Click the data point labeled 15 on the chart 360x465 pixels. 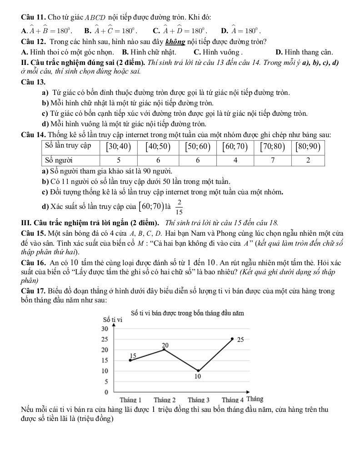(x=130, y=360)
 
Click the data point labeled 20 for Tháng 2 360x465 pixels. (x=164, y=349)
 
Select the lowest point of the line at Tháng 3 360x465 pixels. (x=198, y=371)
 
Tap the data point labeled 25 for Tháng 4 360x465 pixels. (x=232, y=339)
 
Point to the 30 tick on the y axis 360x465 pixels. (x=104, y=329)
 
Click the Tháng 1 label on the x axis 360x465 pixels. (x=130, y=400)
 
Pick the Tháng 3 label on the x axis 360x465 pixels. (x=199, y=400)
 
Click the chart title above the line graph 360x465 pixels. (x=187, y=313)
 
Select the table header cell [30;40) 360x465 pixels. (x=119, y=146)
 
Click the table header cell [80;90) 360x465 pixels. (x=308, y=146)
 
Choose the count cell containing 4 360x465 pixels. (x=235, y=160)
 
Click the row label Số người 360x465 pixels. (x=60, y=160)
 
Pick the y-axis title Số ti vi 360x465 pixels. (x=113, y=319)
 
